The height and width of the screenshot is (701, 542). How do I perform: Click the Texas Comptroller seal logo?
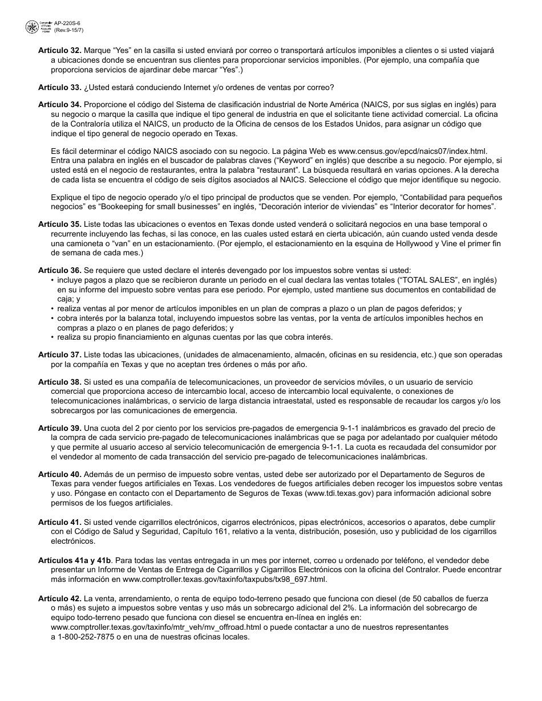[x=33, y=26]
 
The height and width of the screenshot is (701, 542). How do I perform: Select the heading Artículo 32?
[x=59, y=51]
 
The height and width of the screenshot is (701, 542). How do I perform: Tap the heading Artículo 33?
[x=59, y=87]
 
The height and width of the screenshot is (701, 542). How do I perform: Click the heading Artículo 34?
[x=59, y=105]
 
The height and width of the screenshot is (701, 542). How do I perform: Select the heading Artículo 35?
[x=59, y=225]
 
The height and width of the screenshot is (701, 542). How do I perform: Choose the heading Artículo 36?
[x=59, y=270]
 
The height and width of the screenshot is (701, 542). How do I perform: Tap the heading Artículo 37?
[x=59, y=354]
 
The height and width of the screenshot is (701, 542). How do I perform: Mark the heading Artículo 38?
[x=59, y=382]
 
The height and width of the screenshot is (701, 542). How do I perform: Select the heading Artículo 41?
[x=59, y=522]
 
